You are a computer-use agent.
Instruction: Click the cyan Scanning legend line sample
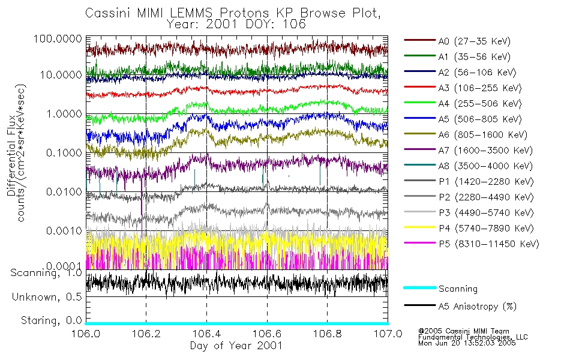pyautogui.click(x=419, y=289)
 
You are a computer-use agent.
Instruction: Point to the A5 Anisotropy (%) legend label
pyautogui.click(x=478, y=307)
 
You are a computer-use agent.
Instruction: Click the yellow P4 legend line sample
pyautogui.click(x=419, y=228)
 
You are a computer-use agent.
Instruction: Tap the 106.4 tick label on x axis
pyautogui.click(x=206, y=334)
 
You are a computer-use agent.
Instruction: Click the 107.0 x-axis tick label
pyautogui.click(x=387, y=334)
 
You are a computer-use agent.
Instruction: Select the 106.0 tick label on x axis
pyautogui.click(x=86, y=334)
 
